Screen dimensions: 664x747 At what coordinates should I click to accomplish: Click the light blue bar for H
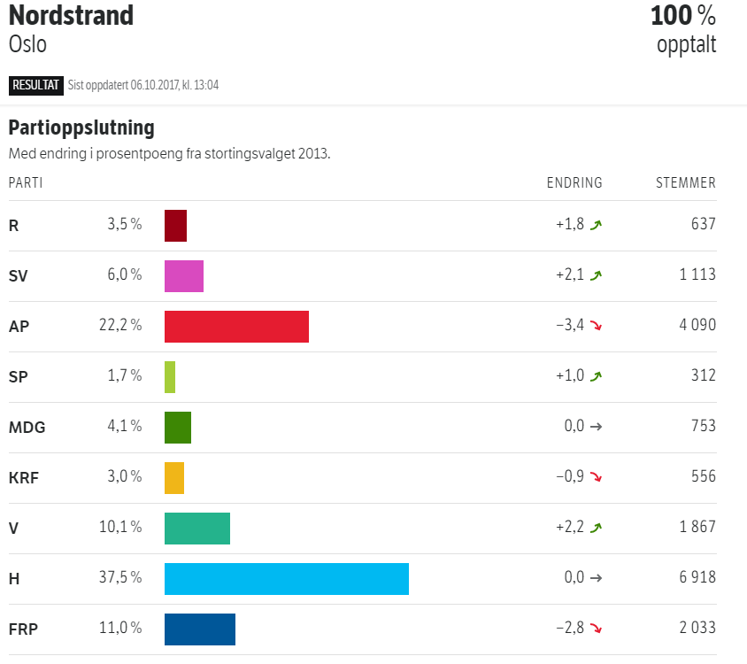coord(287,578)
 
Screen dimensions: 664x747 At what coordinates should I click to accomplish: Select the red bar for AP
coord(236,326)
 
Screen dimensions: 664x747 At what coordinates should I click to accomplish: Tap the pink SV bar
coord(184,275)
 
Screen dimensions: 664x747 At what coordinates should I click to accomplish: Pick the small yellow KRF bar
coord(174,477)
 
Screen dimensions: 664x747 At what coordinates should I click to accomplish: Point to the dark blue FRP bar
coord(200,629)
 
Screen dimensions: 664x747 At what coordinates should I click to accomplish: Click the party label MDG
coord(27,428)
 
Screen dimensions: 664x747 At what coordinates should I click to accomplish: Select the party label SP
coord(18,376)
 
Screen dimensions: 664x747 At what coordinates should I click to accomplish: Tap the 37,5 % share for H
coord(120,578)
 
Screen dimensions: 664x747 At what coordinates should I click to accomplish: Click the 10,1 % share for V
coord(120,528)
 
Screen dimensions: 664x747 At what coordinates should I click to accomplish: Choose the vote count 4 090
coord(697,326)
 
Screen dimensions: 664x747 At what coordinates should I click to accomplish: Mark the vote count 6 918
coord(697,578)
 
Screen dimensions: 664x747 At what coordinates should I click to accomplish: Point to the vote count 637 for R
coord(704,225)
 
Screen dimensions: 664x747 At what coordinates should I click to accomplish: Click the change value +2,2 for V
coord(570,528)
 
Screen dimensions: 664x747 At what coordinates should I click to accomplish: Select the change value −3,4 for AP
coord(570,326)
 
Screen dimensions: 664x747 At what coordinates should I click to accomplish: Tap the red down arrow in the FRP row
coord(597,629)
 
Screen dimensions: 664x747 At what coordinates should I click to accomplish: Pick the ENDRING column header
coord(574,183)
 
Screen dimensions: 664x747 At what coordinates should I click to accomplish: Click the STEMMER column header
coord(686,183)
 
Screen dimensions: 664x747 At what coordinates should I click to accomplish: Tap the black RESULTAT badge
coord(35,85)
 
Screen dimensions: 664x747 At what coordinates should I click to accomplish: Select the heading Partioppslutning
coord(81,127)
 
